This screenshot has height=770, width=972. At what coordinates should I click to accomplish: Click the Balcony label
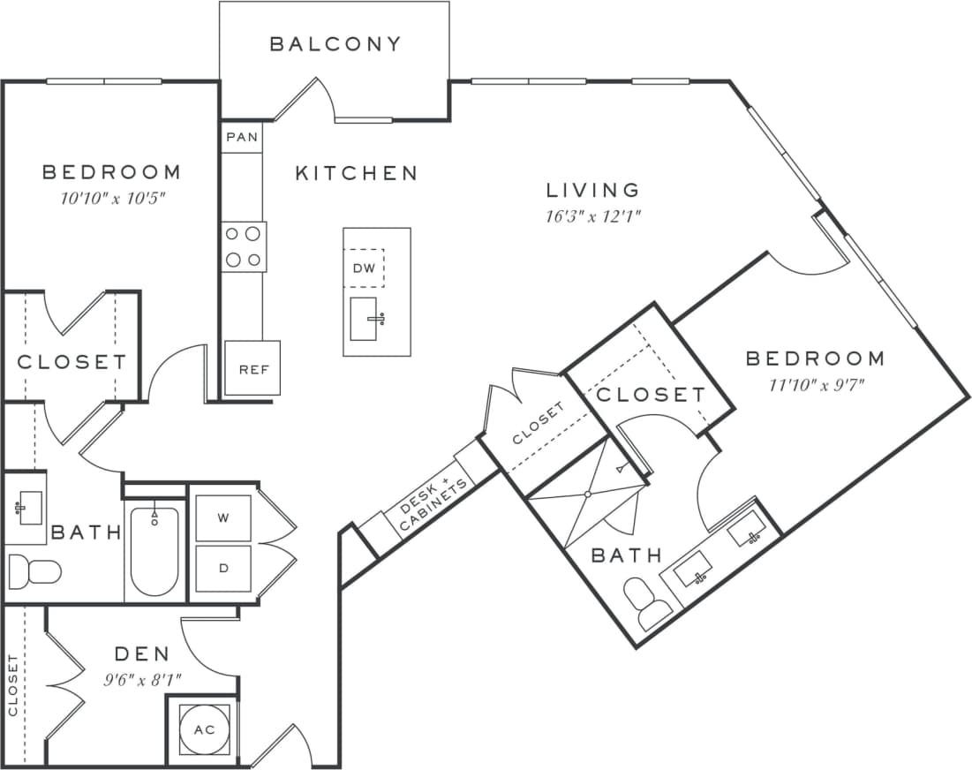pos(335,44)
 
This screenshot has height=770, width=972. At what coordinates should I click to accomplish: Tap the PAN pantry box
pos(242,137)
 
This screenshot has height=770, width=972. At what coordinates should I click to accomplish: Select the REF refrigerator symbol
pos(252,368)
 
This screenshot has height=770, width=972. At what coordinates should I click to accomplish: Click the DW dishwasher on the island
pos(364,268)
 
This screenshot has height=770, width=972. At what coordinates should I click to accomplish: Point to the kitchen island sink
pos(366,318)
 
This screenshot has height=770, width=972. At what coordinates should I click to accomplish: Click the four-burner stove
pos(244,246)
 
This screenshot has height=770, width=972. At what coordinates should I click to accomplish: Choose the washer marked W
pos(222,518)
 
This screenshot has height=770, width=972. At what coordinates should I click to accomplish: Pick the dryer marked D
pos(222,568)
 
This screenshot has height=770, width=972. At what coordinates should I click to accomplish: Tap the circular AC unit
pos(204,730)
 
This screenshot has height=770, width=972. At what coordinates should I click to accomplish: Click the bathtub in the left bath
pos(154,551)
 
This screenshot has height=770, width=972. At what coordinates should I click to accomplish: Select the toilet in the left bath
pos(34,571)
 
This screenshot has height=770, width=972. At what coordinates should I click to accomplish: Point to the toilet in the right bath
pos(648,604)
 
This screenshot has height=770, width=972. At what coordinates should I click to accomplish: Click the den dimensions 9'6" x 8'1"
pos(142,680)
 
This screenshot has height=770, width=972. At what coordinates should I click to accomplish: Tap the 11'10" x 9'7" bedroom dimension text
pos(815,384)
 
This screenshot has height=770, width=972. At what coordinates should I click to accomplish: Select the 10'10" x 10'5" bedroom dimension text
pos(111,197)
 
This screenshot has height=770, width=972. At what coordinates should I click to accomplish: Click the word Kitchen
pos(356,173)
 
